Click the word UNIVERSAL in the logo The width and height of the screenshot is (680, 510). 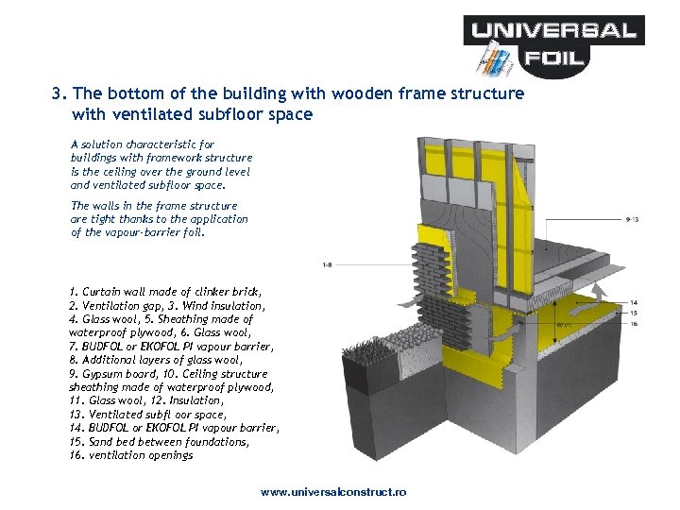[554, 30]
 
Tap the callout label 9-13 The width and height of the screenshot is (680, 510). [632, 219]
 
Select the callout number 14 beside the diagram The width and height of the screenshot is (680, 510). [633, 303]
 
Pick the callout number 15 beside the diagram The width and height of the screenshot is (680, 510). [633, 313]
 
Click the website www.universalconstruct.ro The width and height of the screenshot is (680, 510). [333, 493]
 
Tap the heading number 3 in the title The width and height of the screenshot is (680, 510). [59, 94]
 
